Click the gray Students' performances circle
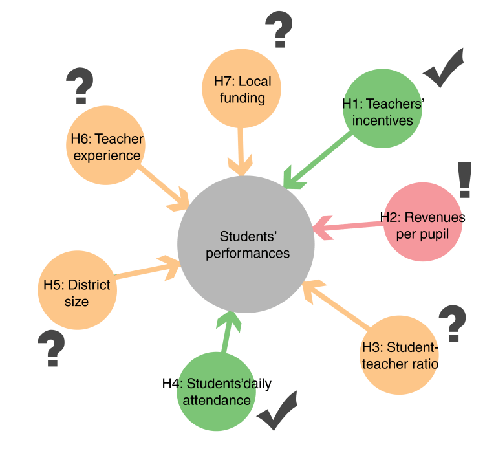(x=246, y=243)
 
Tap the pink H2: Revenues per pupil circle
(x=422, y=223)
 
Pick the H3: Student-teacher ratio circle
(x=400, y=355)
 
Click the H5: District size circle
(x=77, y=292)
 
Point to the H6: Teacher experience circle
(x=106, y=146)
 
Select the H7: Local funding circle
(x=243, y=89)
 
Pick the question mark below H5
(x=51, y=348)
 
